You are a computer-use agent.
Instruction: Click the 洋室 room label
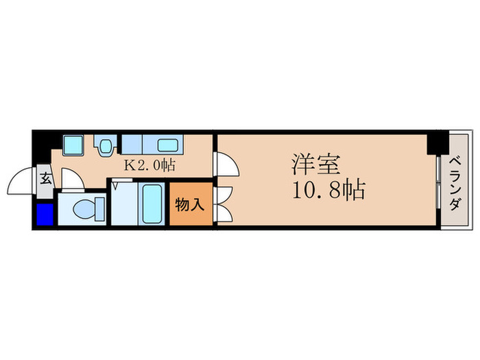pos(317,164)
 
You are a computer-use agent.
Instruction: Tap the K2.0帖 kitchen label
pos(149,165)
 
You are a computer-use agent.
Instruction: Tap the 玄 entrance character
pos(45,180)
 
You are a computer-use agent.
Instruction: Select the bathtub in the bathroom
pos(152,204)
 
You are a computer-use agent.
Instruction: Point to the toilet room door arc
pos(71,182)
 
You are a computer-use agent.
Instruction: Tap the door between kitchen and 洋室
pos(225,165)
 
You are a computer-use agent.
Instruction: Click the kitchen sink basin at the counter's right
pos(168,145)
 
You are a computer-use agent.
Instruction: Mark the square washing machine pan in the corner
pos(72,145)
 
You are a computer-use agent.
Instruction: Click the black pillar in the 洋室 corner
pos(435,143)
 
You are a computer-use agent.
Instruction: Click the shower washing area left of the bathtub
pos(122,204)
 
